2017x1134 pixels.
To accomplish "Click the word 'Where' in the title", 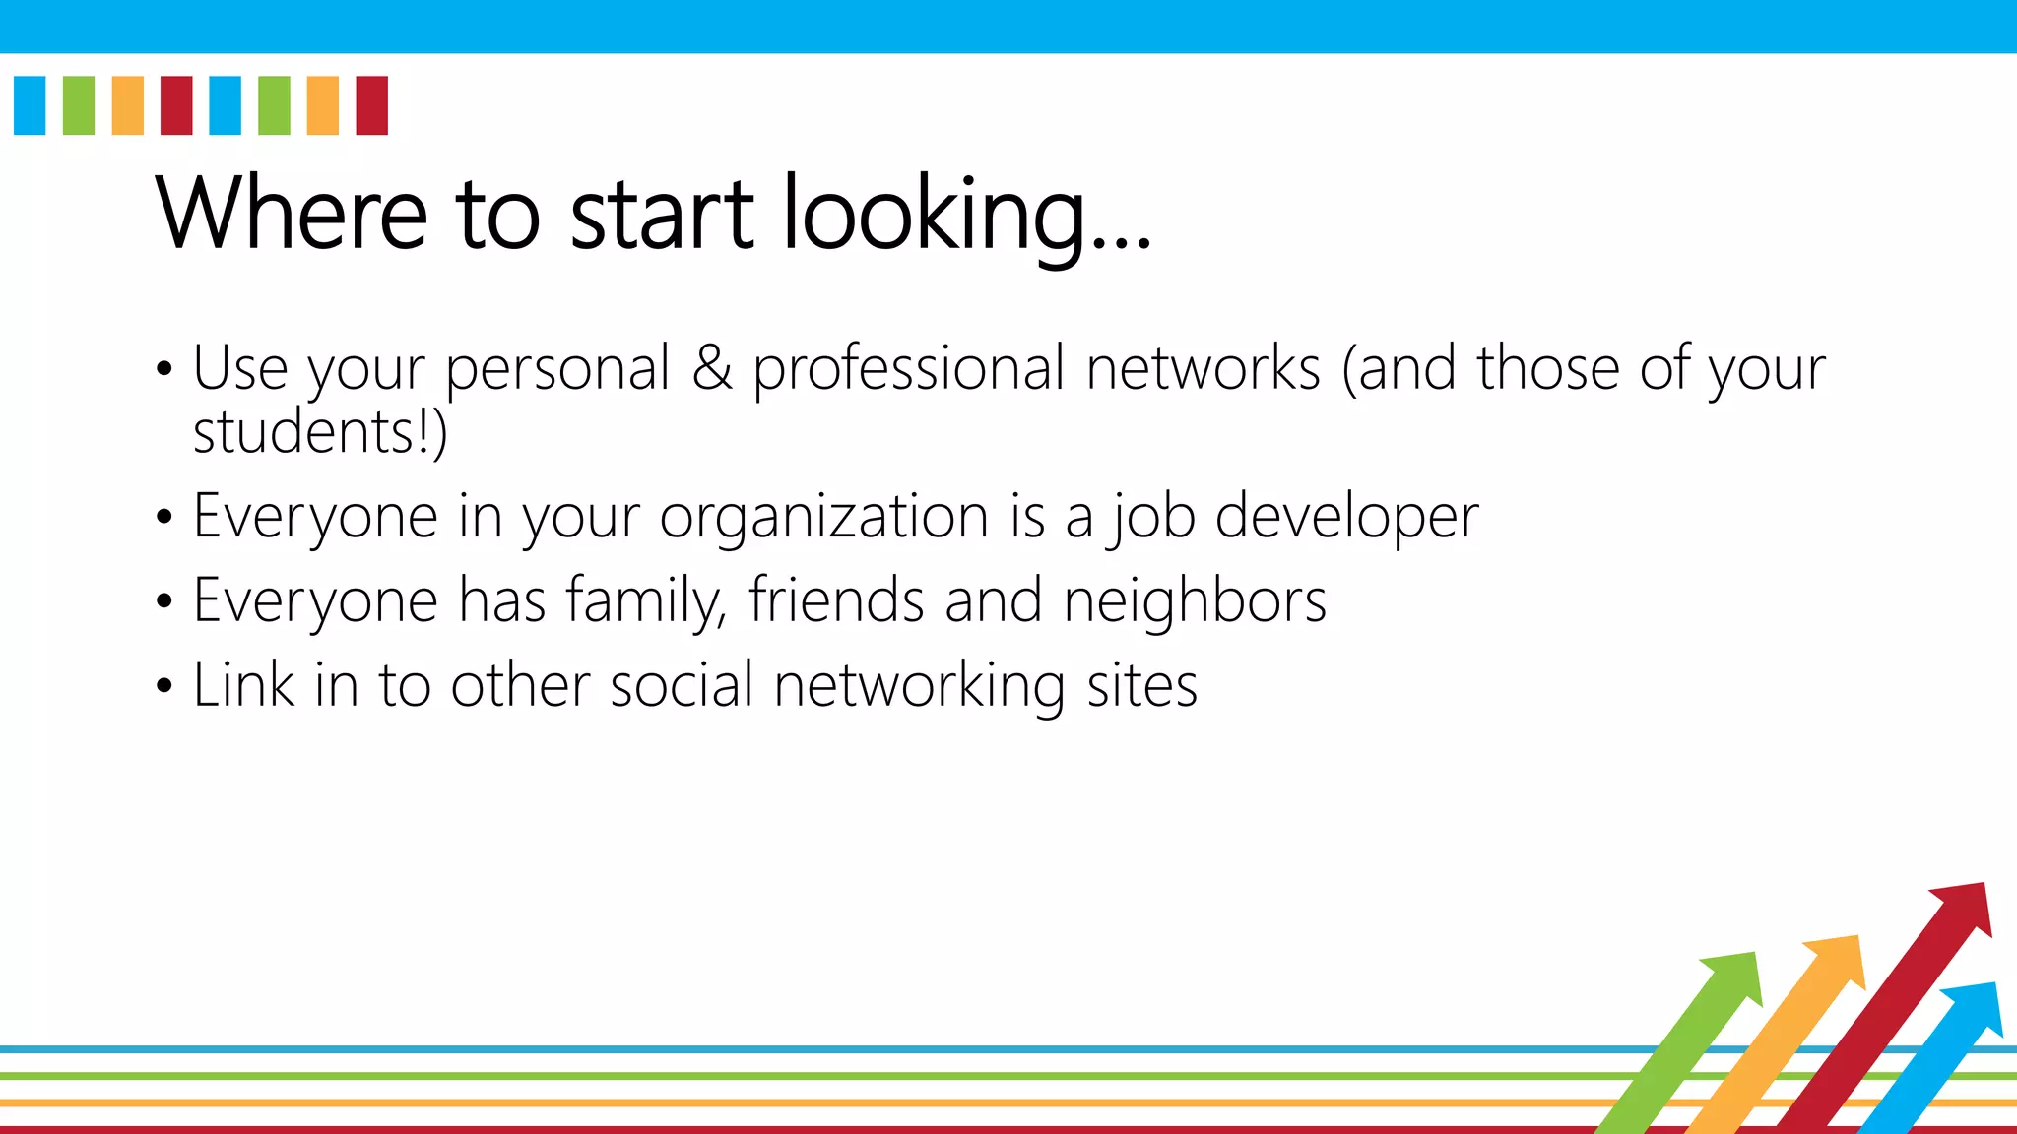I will [292, 213].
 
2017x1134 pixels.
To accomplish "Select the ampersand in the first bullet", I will [712, 368].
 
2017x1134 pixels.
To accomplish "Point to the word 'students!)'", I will [320, 432].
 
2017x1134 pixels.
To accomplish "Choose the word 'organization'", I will [823, 517].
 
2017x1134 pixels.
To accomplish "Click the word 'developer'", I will [1346, 517].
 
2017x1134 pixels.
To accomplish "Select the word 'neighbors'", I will [1195, 600].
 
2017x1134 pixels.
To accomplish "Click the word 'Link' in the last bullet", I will [243, 684].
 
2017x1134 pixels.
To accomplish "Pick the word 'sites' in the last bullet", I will [1141, 685].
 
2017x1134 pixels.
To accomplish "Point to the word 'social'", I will [682, 685].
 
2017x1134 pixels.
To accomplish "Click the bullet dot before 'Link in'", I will [163, 686].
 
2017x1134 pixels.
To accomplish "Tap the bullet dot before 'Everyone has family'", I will [163, 601].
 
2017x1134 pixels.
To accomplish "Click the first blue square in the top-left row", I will [30, 105].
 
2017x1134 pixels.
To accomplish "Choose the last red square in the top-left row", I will [371, 105].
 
